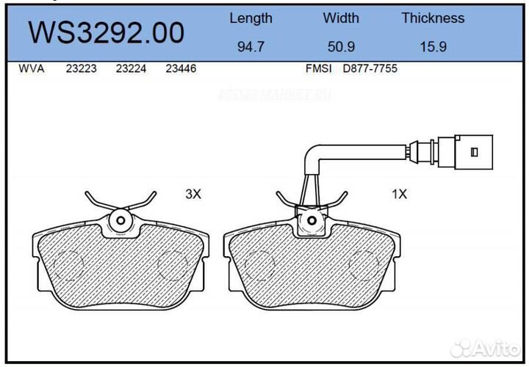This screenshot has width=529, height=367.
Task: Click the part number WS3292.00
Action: pos(106,33)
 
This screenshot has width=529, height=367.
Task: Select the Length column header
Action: pos(251,18)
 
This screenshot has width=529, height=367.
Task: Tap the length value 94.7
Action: pos(251,47)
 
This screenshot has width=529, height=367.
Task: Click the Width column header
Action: pos(341,18)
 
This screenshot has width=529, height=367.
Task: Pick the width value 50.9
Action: pos(341,47)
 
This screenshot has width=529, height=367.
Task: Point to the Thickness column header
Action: pos(433,18)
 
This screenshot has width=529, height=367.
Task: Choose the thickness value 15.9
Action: pos(433,47)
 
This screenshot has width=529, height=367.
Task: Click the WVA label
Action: pos(31,69)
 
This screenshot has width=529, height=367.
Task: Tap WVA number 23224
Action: pos(130,69)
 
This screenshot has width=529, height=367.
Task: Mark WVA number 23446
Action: pos(180,69)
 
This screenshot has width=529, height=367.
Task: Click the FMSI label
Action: pos(319,69)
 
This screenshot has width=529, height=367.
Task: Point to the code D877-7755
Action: pos(370,69)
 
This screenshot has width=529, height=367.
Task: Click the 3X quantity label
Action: pos(192,195)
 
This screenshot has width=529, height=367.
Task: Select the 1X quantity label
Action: pos(399,195)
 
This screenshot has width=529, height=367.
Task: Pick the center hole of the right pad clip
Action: pos(312,219)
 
